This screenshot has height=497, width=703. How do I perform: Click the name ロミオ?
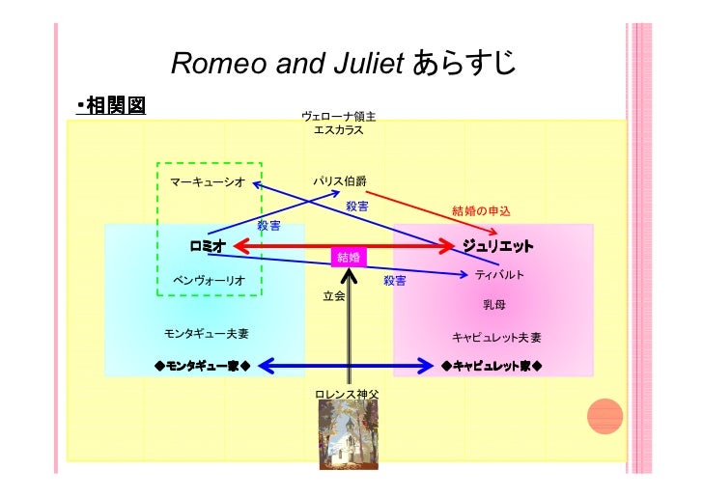click(208, 247)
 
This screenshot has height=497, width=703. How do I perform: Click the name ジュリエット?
click(498, 247)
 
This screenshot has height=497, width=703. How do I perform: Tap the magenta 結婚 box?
click(347, 257)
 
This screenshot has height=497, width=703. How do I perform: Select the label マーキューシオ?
click(207, 182)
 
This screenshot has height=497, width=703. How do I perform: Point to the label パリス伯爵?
click(339, 181)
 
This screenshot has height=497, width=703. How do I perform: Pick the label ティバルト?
click(499, 275)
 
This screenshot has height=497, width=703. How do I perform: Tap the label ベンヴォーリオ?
click(208, 280)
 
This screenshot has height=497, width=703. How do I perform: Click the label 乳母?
click(493, 305)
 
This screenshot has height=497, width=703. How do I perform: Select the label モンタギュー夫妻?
click(207, 334)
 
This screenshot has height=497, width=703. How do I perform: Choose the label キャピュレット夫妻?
click(496, 338)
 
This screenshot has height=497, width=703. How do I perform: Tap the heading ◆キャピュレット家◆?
click(491, 367)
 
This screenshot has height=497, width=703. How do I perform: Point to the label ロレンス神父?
click(347, 395)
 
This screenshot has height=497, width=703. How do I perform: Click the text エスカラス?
click(339, 130)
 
